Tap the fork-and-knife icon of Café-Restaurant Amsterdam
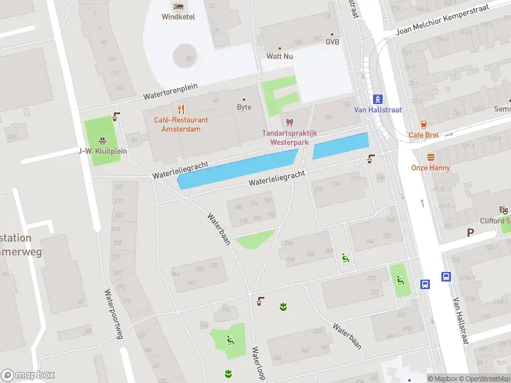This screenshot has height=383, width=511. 181,109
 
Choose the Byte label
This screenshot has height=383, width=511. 243,107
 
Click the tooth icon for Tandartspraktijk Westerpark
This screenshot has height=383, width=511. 289,121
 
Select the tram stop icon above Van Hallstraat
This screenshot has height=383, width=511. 378,98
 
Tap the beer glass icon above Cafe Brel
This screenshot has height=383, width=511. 423,124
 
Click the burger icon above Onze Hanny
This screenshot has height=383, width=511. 431,157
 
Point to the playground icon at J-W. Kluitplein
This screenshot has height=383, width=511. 102,141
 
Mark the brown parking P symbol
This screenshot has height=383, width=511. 471,233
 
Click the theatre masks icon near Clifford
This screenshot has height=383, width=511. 503,209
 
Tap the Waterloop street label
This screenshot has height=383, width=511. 258,363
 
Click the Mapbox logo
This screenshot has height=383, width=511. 28,375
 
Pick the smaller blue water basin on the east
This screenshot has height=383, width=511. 340,146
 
